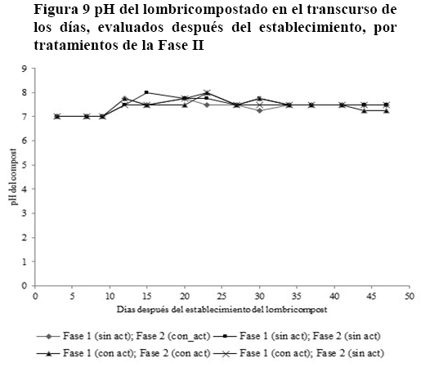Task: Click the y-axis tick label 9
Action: pos(25,68)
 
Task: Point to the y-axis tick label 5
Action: pos(25,165)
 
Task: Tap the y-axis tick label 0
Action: pos(25,286)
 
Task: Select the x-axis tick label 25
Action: pos(222,296)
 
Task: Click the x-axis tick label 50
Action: pos(410,296)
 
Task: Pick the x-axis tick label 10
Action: pos(110,296)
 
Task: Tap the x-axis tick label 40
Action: pos(334,296)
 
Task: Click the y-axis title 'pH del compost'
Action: pos(13,177)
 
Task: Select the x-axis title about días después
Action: pos(222,310)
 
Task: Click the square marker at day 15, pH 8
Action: pos(146,92)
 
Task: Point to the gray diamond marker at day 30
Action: pos(259,110)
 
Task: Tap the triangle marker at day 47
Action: pos(386,111)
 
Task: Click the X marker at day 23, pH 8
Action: pos(207,92)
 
